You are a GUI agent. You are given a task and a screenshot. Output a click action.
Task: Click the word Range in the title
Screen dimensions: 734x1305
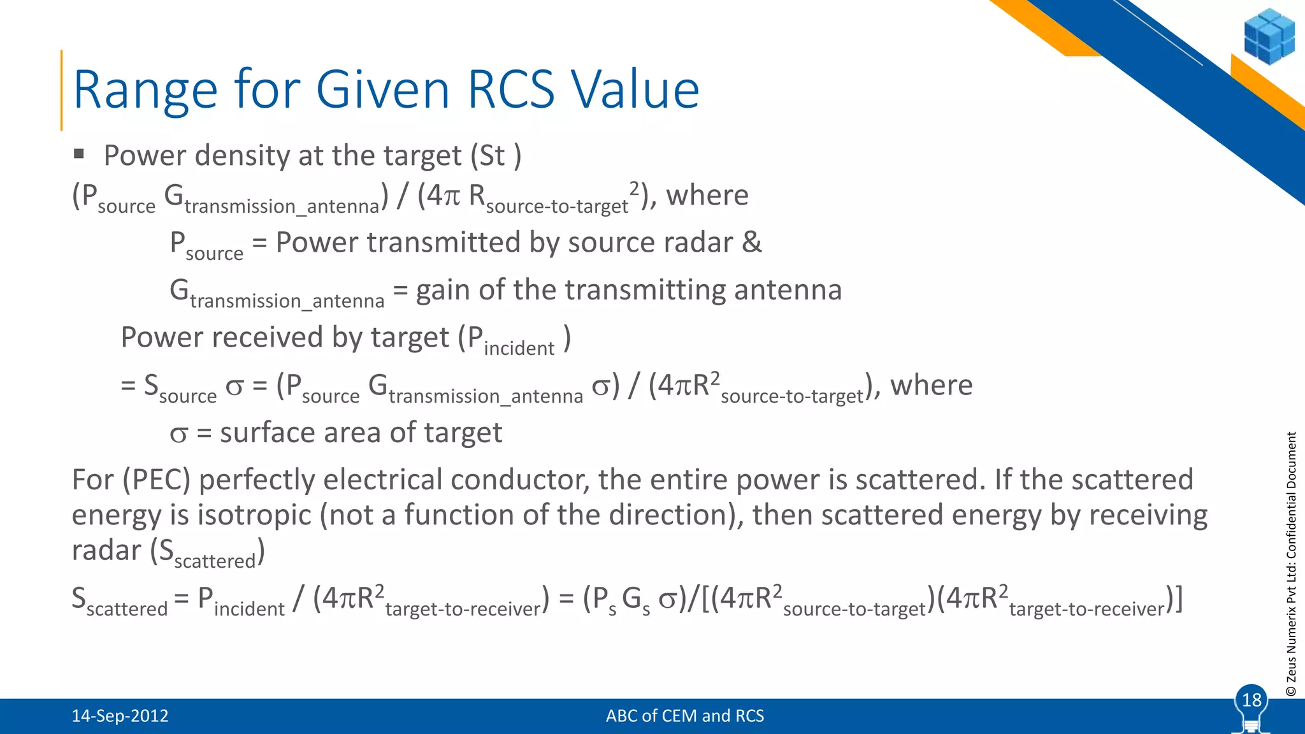tap(145, 90)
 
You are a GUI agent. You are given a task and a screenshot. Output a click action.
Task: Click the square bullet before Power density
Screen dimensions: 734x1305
tap(79, 154)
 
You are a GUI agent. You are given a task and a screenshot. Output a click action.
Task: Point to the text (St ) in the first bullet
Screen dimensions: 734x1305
tap(496, 156)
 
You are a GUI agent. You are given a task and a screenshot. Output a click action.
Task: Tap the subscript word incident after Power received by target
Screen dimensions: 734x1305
tap(519, 349)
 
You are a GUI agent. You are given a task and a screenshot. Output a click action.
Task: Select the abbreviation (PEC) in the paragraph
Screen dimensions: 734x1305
tap(157, 480)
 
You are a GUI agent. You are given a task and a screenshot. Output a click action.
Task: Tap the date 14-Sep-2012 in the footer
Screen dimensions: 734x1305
tap(120, 716)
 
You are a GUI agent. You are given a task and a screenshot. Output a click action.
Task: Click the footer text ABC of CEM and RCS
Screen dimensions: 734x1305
tap(684, 716)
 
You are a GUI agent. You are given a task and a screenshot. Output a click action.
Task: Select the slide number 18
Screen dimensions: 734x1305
tap(1251, 700)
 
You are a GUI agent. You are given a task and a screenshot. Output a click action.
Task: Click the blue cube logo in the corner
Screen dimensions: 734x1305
tap(1269, 36)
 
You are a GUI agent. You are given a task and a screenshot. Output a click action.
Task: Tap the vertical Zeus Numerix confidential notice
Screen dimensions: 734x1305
tap(1291, 564)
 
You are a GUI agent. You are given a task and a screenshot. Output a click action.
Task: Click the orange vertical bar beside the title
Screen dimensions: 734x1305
tap(62, 90)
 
